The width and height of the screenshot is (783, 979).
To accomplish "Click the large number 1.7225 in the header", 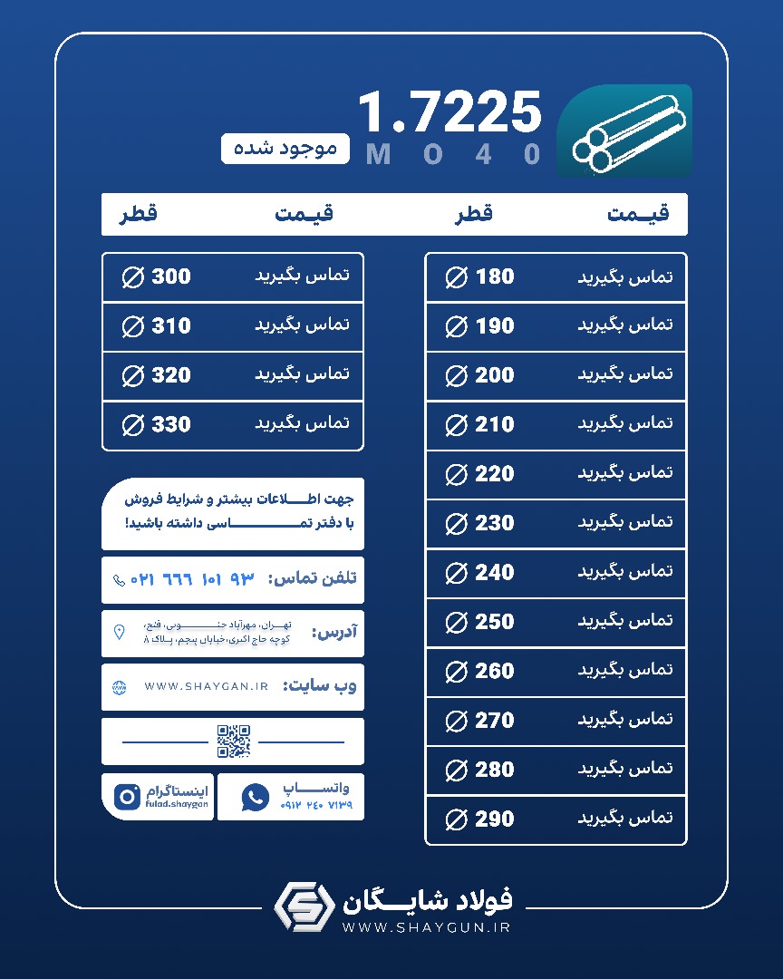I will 449,113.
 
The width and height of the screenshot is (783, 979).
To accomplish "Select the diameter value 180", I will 495,277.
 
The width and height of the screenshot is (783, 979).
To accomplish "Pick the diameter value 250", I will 495,622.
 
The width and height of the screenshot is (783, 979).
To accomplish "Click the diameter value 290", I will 495,819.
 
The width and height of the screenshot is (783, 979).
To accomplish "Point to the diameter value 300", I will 171,277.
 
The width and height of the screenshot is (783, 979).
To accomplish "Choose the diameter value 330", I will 171,424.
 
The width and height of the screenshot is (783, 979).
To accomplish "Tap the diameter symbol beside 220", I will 457,474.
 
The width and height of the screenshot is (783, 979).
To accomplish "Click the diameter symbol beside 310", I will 133,326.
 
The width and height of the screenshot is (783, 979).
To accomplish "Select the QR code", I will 233,742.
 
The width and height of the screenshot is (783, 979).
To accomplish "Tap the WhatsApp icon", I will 256,797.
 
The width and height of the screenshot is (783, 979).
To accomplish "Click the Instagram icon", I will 127,797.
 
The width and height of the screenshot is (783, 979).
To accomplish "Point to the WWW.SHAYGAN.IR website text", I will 206,687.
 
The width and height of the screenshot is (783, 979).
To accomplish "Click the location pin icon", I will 119,632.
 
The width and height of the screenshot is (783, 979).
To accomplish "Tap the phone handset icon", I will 119,579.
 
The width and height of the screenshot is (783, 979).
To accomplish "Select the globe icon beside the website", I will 119,687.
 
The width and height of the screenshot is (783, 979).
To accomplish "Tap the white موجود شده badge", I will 285,148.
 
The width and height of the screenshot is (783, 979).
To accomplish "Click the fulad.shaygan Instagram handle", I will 176,804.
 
